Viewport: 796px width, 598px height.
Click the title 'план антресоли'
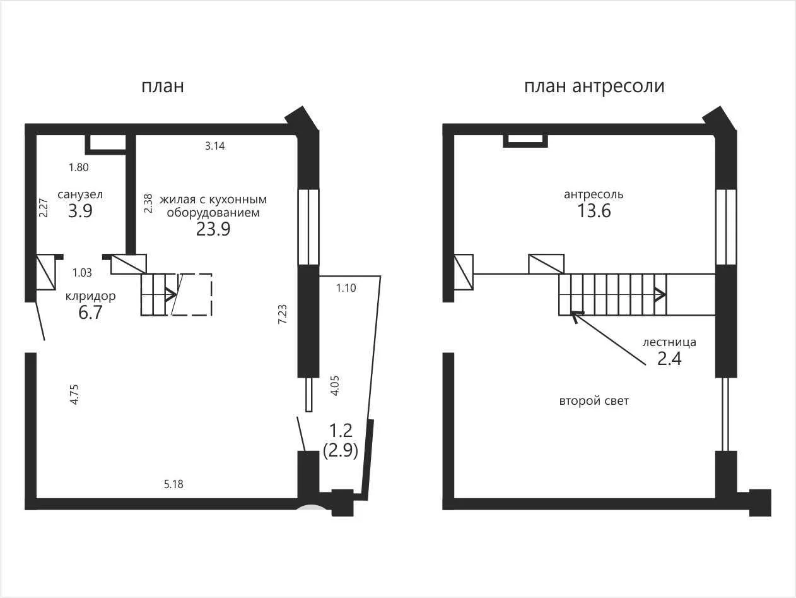tap(594, 87)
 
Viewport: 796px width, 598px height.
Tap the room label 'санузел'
tap(80, 194)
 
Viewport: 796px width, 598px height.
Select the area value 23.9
tap(213, 229)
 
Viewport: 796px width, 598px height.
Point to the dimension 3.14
tap(214, 146)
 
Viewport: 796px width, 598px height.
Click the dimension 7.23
tap(282, 314)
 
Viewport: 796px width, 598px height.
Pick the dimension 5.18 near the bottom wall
tap(173, 484)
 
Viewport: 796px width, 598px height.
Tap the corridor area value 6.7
tap(90, 313)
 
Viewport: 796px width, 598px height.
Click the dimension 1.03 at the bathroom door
tap(82, 273)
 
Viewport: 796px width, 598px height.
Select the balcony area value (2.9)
tap(341, 450)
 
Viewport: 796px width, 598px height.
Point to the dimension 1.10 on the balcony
tap(346, 288)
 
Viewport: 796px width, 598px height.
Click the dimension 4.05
tap(335, 386)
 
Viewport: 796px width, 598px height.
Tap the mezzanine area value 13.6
tap(594, 211)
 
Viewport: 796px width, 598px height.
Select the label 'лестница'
tap(669, 342)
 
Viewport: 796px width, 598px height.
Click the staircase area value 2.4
tap(669, 359)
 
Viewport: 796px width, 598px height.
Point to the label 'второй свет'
tap(594, 401)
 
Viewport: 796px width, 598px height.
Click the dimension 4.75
tap(74, 394)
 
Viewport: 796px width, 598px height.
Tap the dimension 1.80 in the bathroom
tap(79, 167)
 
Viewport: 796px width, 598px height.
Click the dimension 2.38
tap(148, 203)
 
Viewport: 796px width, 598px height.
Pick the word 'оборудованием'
tap(213, 212)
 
